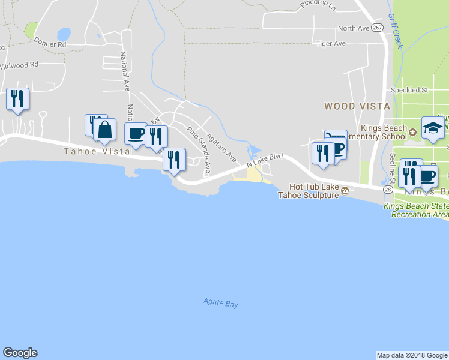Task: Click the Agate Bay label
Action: pyautogui.click(x=220, y=303)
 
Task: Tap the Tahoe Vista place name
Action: pyautogui.click(x=97, y=151)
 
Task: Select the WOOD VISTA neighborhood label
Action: pyautogui.click(x=357, y=106)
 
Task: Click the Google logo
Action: pyautogui.click(x=20, y=353)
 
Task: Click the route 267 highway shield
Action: pyautogui.click(x=377, y=28)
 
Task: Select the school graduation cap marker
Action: pyautogui.click(x=432, y=127)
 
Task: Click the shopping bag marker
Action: pyautogui.click(x=104, y=130)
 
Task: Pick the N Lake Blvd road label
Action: pyautogui.click(x=264, y=160)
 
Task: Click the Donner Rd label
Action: pyautogui.click(x=49, y=43)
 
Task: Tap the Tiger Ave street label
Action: pyautogui.click(x=331, y=43)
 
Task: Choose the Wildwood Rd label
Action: pyautogui.click(x=19, y=64)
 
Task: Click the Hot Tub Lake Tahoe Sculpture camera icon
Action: pyautogui.click(x=345, y=191)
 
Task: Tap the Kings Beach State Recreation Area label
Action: pyautogui.click(x=416, y=210)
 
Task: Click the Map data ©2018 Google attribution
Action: pyautogui.click(x=412, y=355)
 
